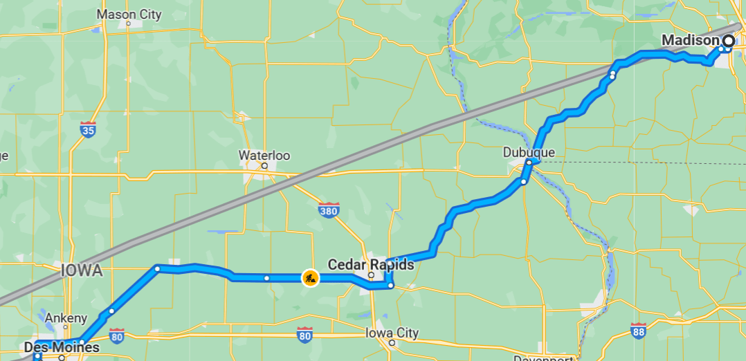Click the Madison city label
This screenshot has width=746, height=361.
(691, 41)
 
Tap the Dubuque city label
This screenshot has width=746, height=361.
(529, 152)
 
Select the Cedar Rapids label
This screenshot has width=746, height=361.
(370, 264)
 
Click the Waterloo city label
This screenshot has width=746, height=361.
(264, 155)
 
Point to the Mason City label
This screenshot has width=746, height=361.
(129, 14)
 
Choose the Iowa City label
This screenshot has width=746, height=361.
(392, 333)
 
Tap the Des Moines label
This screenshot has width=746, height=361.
(61, 346)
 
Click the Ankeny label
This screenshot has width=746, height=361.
(66, 318)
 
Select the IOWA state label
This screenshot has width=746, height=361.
(82, 270)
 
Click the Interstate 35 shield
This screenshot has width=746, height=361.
(88, 129)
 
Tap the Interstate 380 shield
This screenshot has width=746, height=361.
(329, 209)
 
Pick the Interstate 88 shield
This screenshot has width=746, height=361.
(639, 331)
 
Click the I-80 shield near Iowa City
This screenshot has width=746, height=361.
(304, 335)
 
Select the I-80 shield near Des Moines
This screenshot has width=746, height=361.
(116, 335)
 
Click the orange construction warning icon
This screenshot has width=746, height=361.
(310, 278)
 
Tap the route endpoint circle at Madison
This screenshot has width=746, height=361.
(728, 41)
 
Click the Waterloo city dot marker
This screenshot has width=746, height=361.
(264, 166)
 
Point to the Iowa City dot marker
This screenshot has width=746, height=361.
(392, 343)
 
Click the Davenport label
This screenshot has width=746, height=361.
(543, 358)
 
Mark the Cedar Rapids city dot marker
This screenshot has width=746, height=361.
(371, 275)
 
